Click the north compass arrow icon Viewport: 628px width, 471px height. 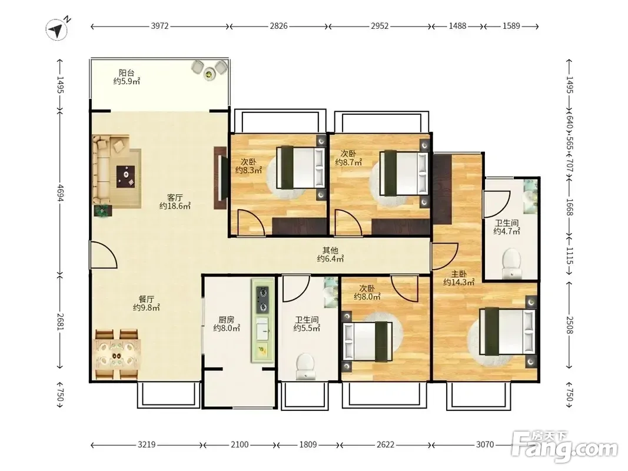point(57,29)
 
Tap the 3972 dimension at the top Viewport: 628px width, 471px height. point(160,26)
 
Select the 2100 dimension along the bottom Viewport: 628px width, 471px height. point(240,445)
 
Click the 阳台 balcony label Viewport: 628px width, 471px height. point(127,73)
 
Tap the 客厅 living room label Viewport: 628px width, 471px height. point(175,197)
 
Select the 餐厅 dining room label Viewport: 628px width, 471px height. point(147,299)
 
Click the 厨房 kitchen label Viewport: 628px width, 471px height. point(226,320)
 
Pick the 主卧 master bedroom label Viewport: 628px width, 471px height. point(459,274)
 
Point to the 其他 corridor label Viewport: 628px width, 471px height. point(330,250)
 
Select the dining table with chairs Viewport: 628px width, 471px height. point(117,354)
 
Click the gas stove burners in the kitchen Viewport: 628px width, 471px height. point(263,299)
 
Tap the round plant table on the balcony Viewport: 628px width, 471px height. point(209,73)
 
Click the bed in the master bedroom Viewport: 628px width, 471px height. point(508,331)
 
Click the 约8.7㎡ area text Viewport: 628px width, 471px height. point(348,162)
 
